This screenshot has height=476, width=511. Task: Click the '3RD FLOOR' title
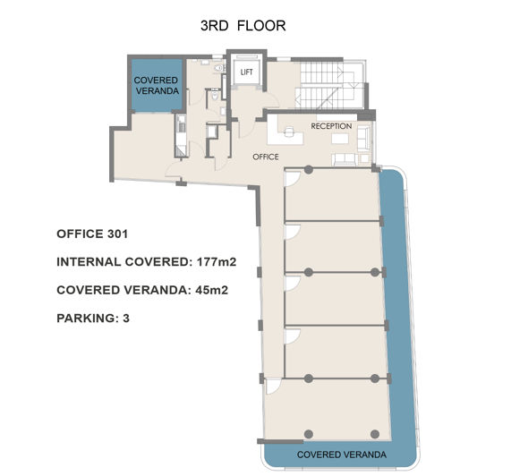tap(243, 26)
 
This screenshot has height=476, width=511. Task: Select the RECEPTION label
tap(330, 126)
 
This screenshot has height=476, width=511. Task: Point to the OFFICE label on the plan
tap(266, 156)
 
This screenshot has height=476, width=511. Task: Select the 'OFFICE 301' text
tap(92, 234)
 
